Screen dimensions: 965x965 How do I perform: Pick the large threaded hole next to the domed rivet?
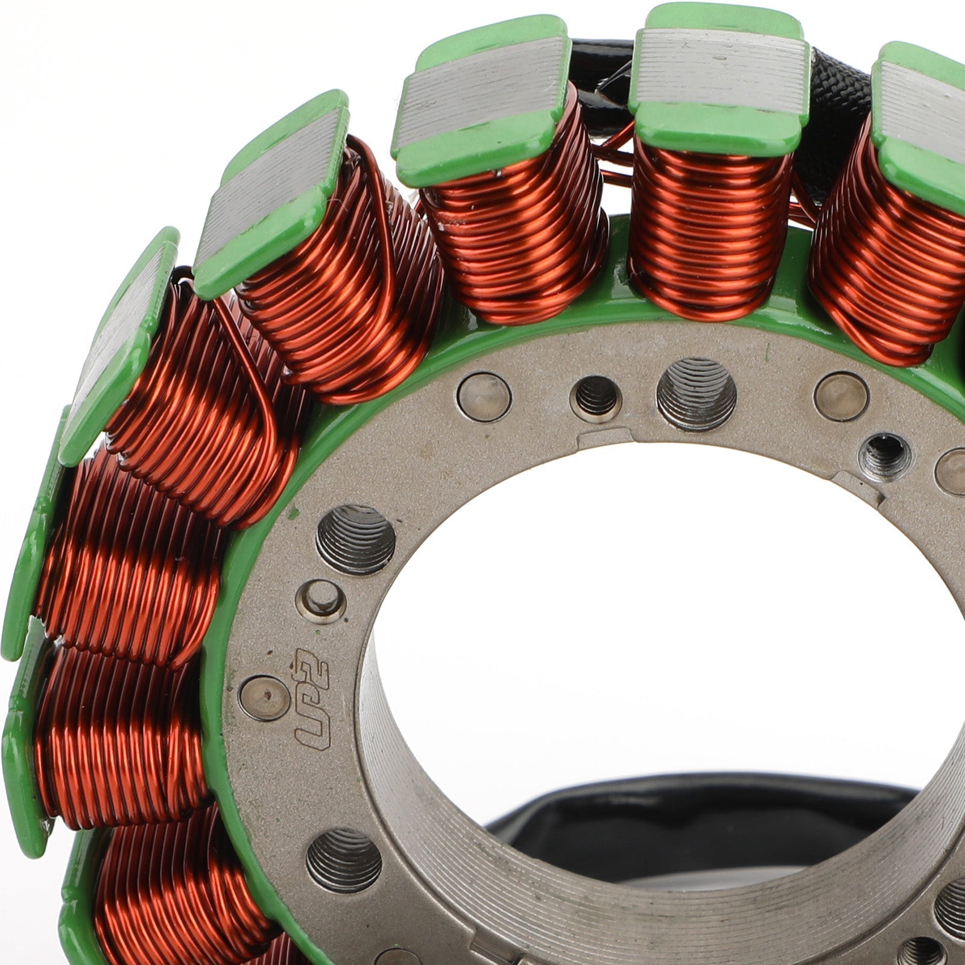pyautogui.click(x=356, y=539)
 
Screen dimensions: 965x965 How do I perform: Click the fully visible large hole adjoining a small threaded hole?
pyautogui.click(x=696, y=393)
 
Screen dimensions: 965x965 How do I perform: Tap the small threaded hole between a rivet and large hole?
pyautogui.click(x=596, y=397)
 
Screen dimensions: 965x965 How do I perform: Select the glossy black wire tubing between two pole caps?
pyautogui.click(x=597, y=66)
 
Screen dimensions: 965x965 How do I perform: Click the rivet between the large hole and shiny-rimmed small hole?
pyautogui.click(x=841, y=396)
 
